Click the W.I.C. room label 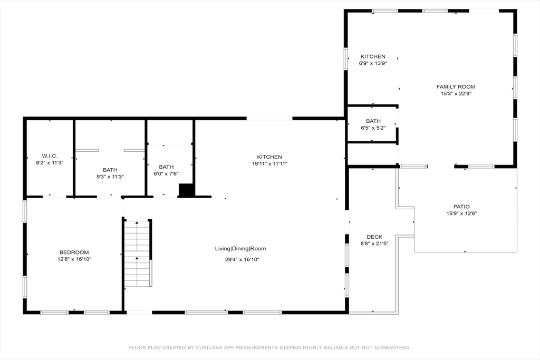point(50,156)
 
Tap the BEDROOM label point(74,252)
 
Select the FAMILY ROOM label point(456,87)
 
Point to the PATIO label point(461,207)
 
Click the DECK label point(374,237)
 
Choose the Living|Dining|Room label point(240,248)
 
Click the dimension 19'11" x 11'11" point(269,164)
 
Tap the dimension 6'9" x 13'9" point(373,63)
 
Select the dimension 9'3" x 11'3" point(110,177)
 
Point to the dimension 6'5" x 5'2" point(373,128)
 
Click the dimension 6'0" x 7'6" point(166,174)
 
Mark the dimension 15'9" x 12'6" point(461,213)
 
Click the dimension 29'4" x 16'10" point(242,259)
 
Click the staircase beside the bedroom point(138,253)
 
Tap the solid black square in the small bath point(186,190)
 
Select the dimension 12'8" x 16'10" point(74,259)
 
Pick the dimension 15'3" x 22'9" point(456,94)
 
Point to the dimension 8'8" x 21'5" point(374,244)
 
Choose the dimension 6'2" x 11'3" point(50,163)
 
